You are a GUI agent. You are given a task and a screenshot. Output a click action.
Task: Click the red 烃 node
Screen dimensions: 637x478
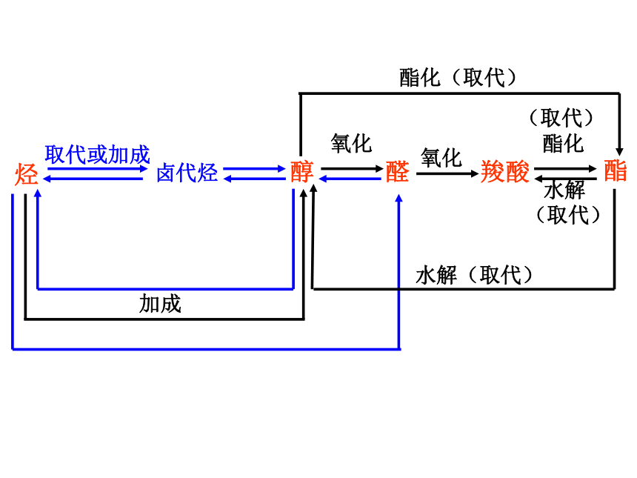pyautogui.click(x=27, y=174)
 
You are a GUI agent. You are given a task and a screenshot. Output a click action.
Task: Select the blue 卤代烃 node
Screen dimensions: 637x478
pyautogui.click(x=187, y=173)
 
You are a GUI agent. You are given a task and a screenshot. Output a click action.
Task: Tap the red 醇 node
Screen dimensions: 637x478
pyautogui.click(x=302, y=171)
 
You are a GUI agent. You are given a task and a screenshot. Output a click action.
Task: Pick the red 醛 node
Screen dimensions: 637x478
pyautogui.click(x=397, y=171)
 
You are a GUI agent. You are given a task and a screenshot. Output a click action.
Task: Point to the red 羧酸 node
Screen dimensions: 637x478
pyautogui.click(x=505, y=171)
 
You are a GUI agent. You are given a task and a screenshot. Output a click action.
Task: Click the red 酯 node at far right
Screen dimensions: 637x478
pyautogui.click(x=616, y=170)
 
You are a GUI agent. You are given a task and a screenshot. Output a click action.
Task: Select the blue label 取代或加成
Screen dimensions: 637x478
pyautogui.click(x=98, y=154)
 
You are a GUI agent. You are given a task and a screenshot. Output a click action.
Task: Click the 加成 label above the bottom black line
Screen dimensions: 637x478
pyautogui.click(x=160, y=304)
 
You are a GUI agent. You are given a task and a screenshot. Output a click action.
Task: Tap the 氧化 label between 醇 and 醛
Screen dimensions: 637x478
pyautogui.click(x=351, y=144)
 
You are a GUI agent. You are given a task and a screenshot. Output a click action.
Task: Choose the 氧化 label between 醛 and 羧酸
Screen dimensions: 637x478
pyautogui.click(x=441, y=158)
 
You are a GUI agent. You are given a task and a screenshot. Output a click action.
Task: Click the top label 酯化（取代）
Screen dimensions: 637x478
pyautogui.click(x=458, y=78)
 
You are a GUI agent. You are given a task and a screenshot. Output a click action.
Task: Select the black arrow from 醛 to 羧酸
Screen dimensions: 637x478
pyautogui.click(x=447, y=173)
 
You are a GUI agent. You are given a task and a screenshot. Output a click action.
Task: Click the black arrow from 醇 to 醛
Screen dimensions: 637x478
pyautogui.click(x=353, y=168)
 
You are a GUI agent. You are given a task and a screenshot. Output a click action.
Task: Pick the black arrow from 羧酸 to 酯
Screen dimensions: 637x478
pyautogui.click(x=565, y=168)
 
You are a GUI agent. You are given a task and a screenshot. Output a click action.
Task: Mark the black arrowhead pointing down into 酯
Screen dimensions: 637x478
pyautogui.click(x=619, y=152)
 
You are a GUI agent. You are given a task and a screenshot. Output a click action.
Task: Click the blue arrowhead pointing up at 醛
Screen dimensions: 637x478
pyautogui.click(x=399, y=199)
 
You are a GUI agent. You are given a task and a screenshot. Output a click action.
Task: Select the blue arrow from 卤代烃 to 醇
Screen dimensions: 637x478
pyautogui.click(x=254, y=168)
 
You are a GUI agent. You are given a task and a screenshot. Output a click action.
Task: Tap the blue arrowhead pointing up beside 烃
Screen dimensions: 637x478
pyautogui.click(x=38, y=193)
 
